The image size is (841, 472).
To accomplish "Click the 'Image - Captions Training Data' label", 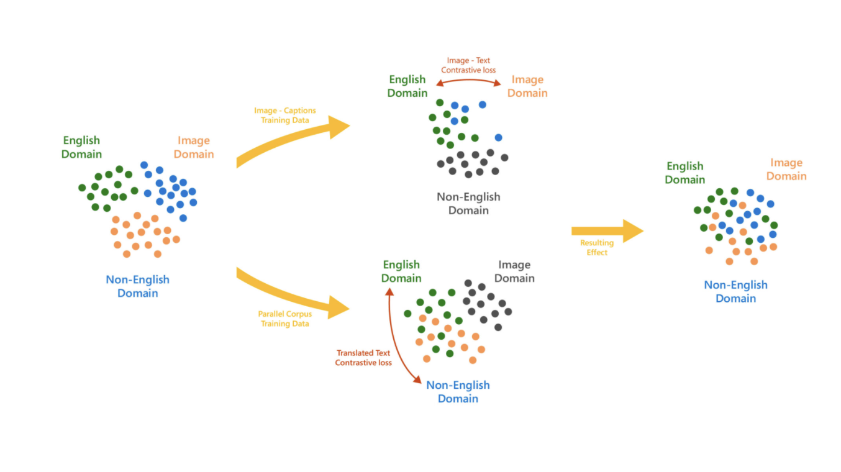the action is pyautogui.click(x=285, y=116).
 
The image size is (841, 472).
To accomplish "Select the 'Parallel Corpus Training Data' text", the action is pyautogui.click(x=285, y=319).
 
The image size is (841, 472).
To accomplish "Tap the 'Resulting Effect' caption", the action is pyautogui.click(x=597, y=247).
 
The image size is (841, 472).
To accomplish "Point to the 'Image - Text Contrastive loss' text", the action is pyautogui.click(x=468, y=65).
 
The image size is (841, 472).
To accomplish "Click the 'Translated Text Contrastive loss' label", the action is pyautogui.click(x=363, y=358).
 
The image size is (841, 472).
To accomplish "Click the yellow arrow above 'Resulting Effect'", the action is pyautogui.click(x=607, y=230).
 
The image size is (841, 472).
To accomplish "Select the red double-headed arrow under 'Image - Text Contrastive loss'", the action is pyautogui.click(x=468, y=80).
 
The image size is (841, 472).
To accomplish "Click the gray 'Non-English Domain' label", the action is pyautogui.click(x=468, y=204).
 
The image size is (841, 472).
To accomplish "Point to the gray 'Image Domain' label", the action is pyautogui.click(x=514, y=271).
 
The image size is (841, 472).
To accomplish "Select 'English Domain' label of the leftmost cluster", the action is pyautogui.click(x=81, y=147).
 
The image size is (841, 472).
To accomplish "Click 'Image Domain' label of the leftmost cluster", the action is pyautogui.click(x=194, y=147).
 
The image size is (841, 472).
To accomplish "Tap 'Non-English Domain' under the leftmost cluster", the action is pyautogui.click(x=137, y=286).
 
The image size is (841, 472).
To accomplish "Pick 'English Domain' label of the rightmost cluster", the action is pyautogui.click(x=685, y=173).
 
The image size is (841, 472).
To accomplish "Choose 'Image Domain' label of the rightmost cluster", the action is pyautogui.click(x=786, y=170).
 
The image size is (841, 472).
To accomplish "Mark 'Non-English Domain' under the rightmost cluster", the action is pyautogui.click(x=735, y=291).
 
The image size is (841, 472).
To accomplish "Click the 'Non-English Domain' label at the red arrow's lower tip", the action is pyautogui.click(x=458, y=392).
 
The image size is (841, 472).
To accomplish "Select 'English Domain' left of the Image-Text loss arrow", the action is pyautogui.click(x=407, y=86).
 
